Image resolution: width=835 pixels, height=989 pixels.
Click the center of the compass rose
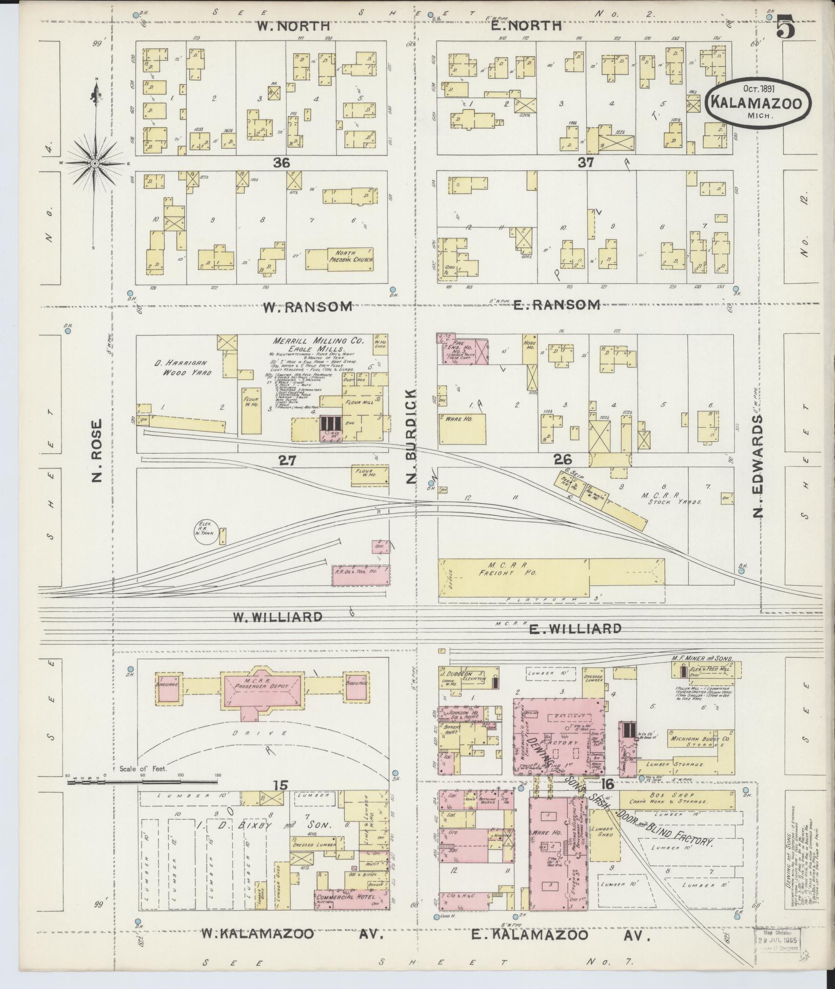(95, 163)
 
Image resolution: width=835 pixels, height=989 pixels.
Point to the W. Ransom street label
(307, 307)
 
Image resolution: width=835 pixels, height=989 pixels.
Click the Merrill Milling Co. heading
(318, 340)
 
